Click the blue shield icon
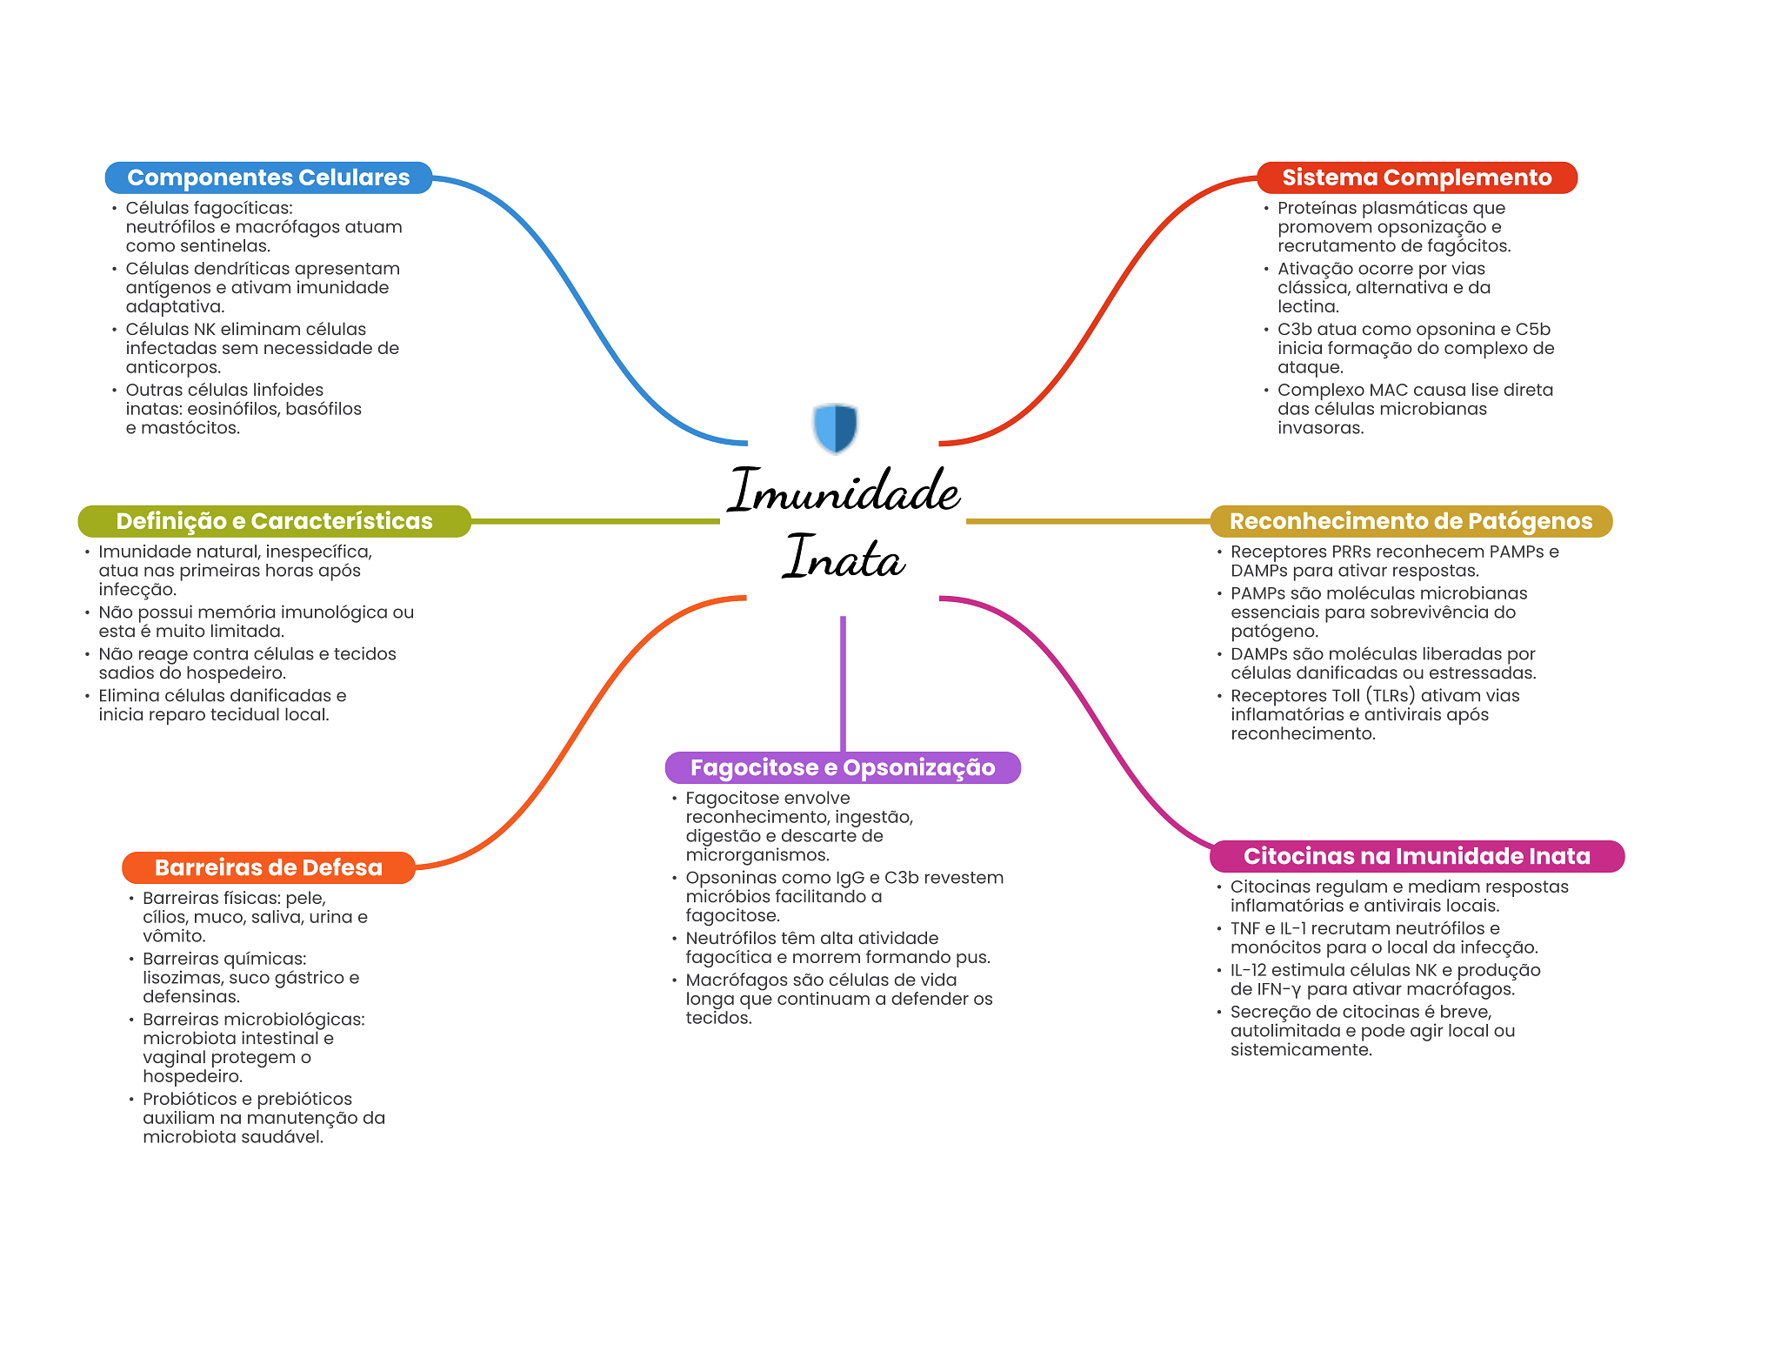click(x=836, y=427)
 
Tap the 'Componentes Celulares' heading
click(x=268, y=177)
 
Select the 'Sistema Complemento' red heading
click(x=1417, y=177)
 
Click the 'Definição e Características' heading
click(x=274, y=521)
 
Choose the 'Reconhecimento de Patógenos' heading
click(x=1411, y=521)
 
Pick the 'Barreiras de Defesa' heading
click(x=268, y=867)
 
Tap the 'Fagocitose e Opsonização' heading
click(x=842, y=767)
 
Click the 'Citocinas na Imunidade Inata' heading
click(x=1417, y=856)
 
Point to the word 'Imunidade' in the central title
click(x=844, y=491)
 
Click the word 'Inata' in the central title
click(x=844, y=558)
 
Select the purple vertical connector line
click(x=843, y=683)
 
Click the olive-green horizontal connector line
click(x=596, y=521)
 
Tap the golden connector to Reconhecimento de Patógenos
click(x=1087, y=521)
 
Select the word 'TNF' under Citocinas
click(x=1244, y=928)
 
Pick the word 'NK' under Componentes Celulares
click(x=204, y=329)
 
